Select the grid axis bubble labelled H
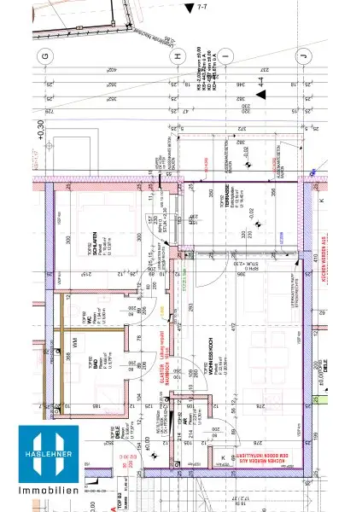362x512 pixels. click(x=178, y=57)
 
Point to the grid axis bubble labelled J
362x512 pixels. click(x=302, y=57)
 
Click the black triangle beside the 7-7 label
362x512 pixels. click(x=189, y=7)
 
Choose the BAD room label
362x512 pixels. click(x=88, y=362)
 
